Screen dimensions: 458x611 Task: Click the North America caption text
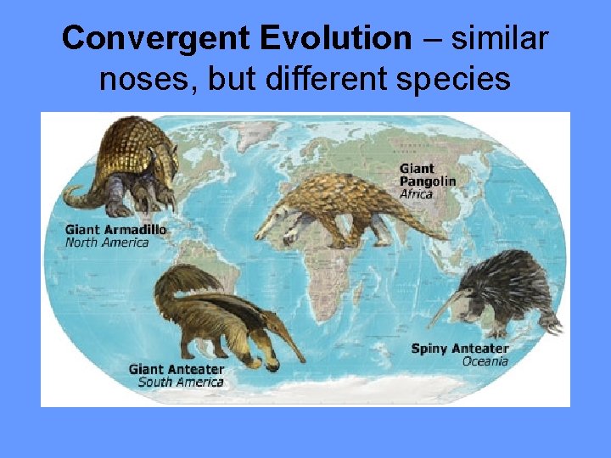pyautogui.click(x=107, y=243)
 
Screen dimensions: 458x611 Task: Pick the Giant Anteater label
pyautogui.click(x=177, y=370)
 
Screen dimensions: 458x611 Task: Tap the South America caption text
pyautogui.click(x=180, y=383)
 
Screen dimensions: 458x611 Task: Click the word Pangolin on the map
pyautogui.click(x=428, y=182)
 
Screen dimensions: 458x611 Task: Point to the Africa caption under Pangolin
pyautogui.click(x=416, y=194)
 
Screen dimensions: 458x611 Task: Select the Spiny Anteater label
pyautogui.click(x=460, y=349)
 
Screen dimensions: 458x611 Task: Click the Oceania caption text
pyautogui.click(x=485, y=361)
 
